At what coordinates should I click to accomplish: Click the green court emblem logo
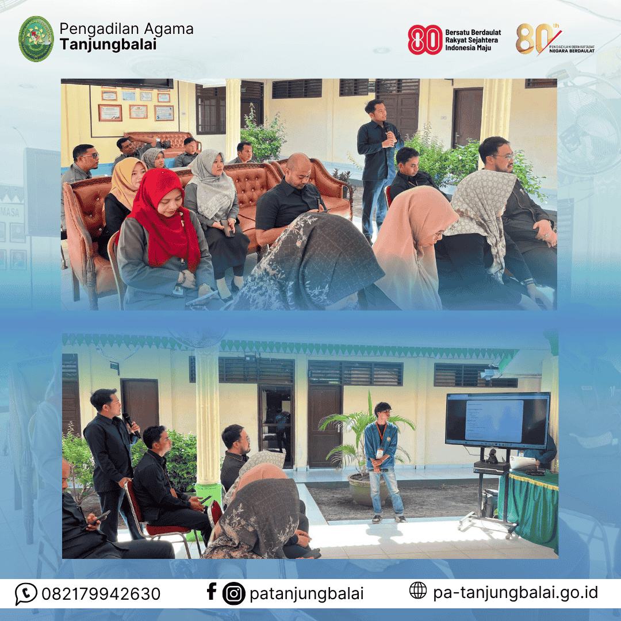pos(36,39)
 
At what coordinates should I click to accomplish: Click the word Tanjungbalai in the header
pos(108,45)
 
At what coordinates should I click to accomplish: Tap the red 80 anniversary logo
pos(425,40)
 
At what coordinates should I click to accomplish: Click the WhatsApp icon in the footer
pos(26,593)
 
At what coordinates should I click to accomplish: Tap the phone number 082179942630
pos(101,593)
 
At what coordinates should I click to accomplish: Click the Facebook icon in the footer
pos(212,592)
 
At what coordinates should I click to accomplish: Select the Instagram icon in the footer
pos(233,593)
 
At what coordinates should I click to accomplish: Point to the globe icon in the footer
pos(418,591)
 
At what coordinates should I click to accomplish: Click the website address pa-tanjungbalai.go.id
pos(515,592)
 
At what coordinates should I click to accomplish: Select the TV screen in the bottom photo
pos(497,420)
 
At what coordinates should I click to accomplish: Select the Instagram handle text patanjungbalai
pos(306,593)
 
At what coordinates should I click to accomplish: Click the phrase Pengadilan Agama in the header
pos(126,29)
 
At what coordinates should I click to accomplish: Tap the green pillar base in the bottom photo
pos(208,494)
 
